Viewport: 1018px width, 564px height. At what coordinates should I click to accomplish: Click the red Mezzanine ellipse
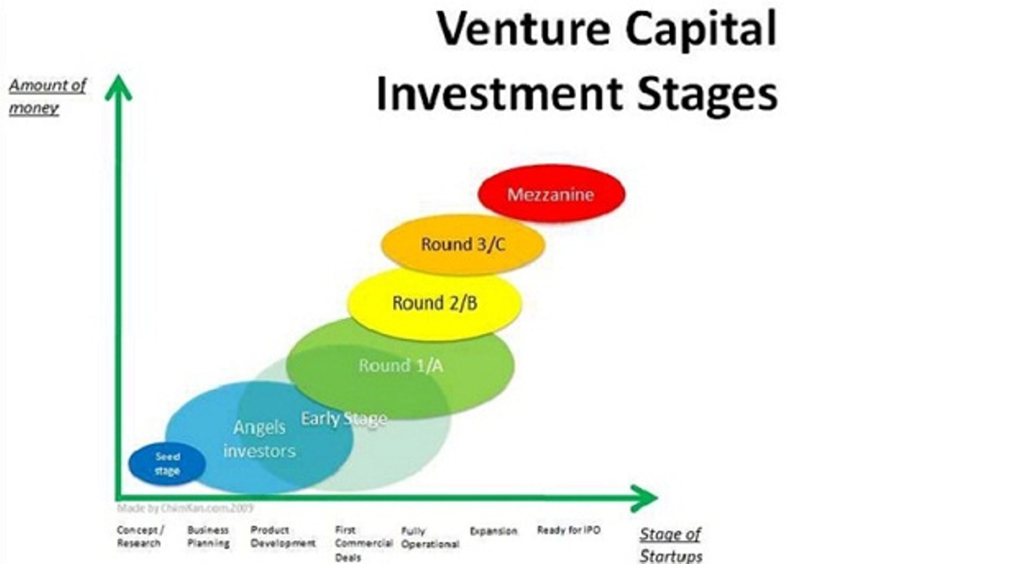coord(551,194)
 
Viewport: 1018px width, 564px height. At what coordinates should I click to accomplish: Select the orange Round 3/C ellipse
coord(463,244)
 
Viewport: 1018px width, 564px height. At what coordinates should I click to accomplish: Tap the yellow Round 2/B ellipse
coord(434,303)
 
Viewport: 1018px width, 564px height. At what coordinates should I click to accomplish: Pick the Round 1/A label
coord(400,365)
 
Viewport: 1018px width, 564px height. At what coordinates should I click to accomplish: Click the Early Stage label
coord(344,419)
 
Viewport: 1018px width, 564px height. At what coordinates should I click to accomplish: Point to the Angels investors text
coord(259,439)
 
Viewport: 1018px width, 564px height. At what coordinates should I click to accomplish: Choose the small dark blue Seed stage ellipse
coord(167,464)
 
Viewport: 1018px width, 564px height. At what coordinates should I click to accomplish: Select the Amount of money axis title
coord(47,96)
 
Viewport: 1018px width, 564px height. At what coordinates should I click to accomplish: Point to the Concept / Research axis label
coord(139,536)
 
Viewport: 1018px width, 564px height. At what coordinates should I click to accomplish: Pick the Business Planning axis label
coord(208,536)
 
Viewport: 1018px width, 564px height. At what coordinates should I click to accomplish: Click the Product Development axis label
coord(283,536)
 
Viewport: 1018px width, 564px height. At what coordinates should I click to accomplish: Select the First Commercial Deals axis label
coord(363,543)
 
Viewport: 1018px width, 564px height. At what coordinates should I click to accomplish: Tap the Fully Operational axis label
coord(429,537)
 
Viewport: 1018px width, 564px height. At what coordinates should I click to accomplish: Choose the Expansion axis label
coord(493,531)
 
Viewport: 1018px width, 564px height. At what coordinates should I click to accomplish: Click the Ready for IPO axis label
coord(568,530)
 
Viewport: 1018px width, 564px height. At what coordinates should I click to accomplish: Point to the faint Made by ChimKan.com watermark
coord(185,508)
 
